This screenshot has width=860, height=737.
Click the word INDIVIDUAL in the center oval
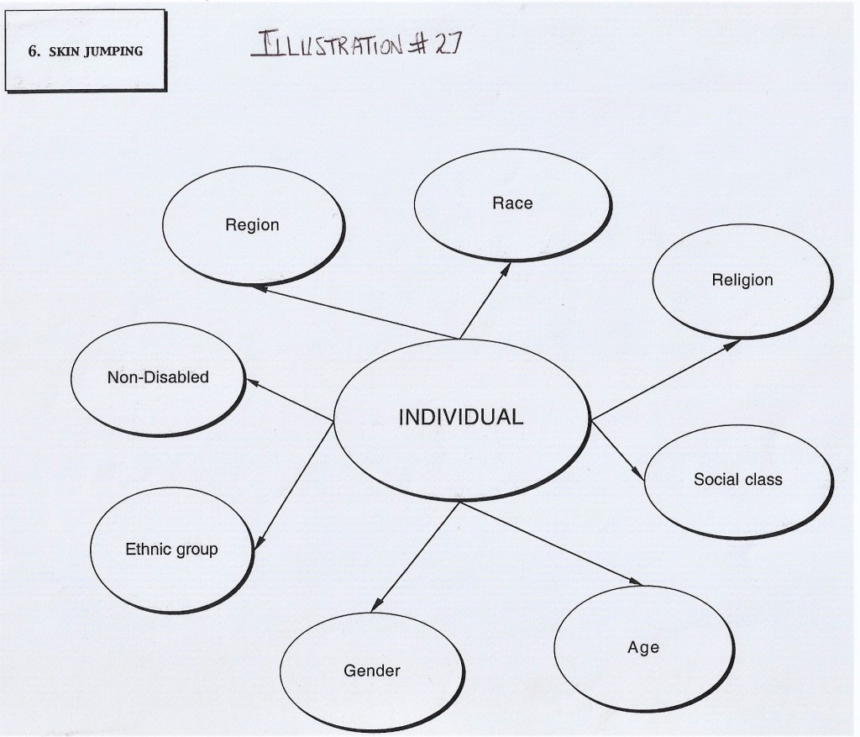point(460,417)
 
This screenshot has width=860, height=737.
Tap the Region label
point(252,225)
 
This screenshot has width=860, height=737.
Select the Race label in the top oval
point(512,203)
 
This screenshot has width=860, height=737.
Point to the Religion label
point(742,279)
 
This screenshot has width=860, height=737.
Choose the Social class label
point(737,479)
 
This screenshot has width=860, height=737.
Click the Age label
point(643,647)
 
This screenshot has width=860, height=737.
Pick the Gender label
point(372,671)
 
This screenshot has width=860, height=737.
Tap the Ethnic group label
point(171,550)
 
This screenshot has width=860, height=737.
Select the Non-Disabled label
point(158,377)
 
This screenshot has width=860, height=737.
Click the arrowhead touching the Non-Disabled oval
point(251,382)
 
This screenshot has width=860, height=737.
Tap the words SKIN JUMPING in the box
point(94,50)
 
